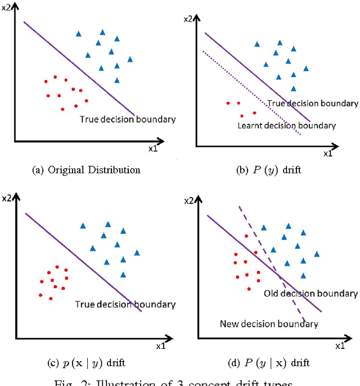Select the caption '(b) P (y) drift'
(x=269, y=169)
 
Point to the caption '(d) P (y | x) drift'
(x=269, y=363)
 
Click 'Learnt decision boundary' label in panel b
(x=287, y=125)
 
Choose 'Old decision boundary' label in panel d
(x=310, y=294)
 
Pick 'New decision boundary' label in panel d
(x=269, y=324)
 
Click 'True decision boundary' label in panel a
(x=128, y=119)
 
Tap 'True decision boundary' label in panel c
(x=125, y=304)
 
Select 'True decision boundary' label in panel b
(x=312, y=104)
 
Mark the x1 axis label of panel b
(x=328, y=153)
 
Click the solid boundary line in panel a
(x=79, y=67)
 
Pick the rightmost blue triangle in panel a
(x=130, y=59)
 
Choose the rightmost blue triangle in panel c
(x=137, y=253)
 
